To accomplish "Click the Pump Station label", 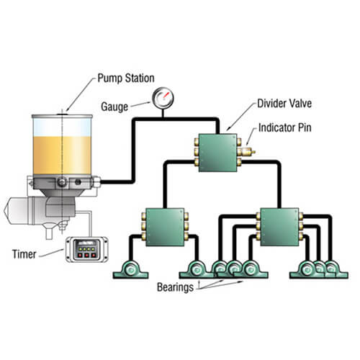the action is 126,78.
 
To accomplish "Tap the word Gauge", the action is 114,107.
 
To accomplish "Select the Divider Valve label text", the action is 284,104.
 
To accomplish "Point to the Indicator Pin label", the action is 285,127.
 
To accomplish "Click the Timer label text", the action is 24,254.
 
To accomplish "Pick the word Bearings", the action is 175,287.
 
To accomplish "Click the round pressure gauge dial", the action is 163,98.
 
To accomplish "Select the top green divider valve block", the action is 218,153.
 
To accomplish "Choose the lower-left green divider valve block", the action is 165,227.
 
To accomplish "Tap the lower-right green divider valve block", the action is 279,227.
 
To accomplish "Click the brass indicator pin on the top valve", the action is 248,151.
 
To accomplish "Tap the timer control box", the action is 86,249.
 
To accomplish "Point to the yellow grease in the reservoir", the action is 62,156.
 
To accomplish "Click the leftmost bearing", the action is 130,270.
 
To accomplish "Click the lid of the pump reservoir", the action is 62,117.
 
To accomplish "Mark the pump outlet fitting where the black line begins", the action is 96,181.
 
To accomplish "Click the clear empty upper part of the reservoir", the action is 62,127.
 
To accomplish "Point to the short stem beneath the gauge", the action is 163,113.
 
